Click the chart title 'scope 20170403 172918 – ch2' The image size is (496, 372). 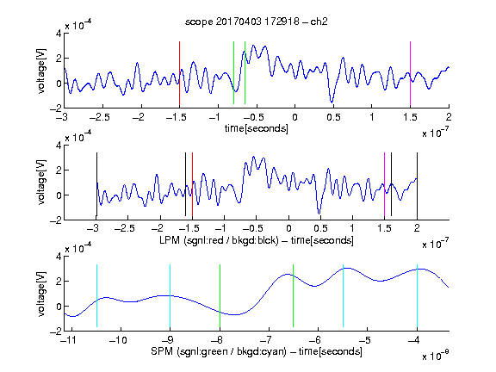point(257,22)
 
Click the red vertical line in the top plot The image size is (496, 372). point(179,73)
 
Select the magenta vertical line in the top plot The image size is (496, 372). point(410,73)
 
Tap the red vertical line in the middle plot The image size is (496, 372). point(192,184)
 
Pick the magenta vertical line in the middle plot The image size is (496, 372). point(384,184)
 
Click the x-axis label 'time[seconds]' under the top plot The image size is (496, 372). point(257,128)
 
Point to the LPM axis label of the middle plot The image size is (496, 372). point(257,240)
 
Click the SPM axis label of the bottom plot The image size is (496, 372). point(257,351)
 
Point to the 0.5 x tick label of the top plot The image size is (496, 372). point(333,117)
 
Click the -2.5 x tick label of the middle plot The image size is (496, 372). point(125,228)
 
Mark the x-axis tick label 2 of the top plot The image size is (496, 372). point(449,117)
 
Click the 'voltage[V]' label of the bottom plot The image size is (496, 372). point(41,294)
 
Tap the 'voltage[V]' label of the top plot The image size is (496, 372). point(41,71)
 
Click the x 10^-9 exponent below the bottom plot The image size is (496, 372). point(435,355)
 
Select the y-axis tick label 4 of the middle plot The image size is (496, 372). point(59,146)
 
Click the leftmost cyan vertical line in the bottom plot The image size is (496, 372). point(96,295)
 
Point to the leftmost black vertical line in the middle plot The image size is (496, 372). point(96,184)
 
